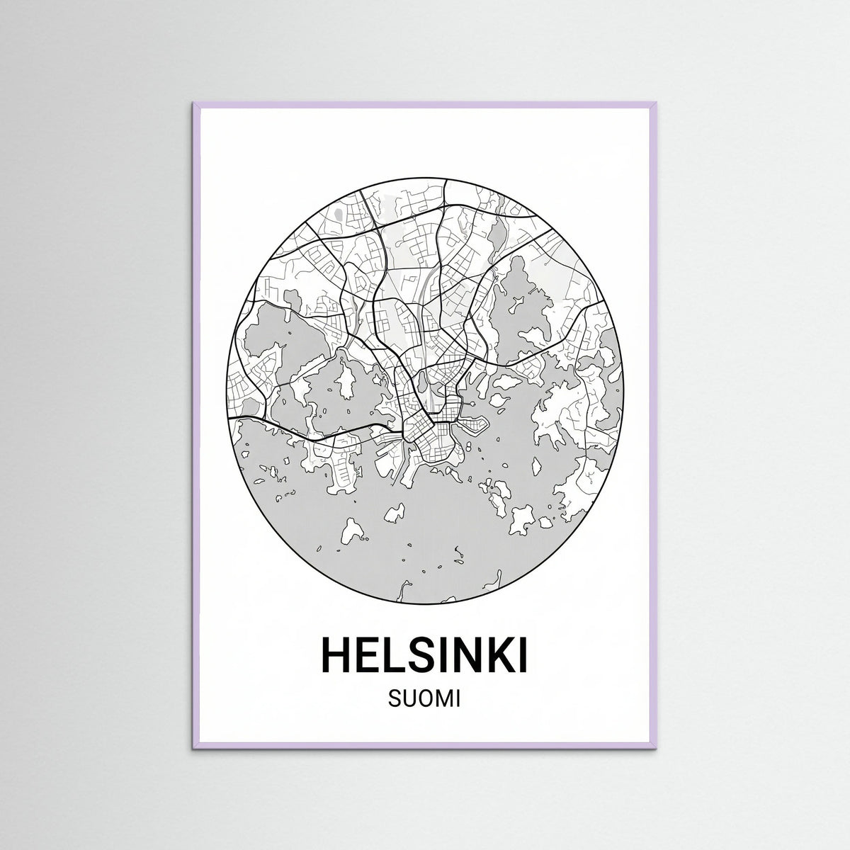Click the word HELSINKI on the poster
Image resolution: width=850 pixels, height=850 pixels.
425,655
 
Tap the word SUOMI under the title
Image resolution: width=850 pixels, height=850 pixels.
425,701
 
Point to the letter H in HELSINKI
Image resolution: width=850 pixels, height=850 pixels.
337,655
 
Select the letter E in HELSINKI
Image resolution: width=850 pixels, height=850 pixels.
370,655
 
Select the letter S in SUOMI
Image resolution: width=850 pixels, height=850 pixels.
394,701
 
